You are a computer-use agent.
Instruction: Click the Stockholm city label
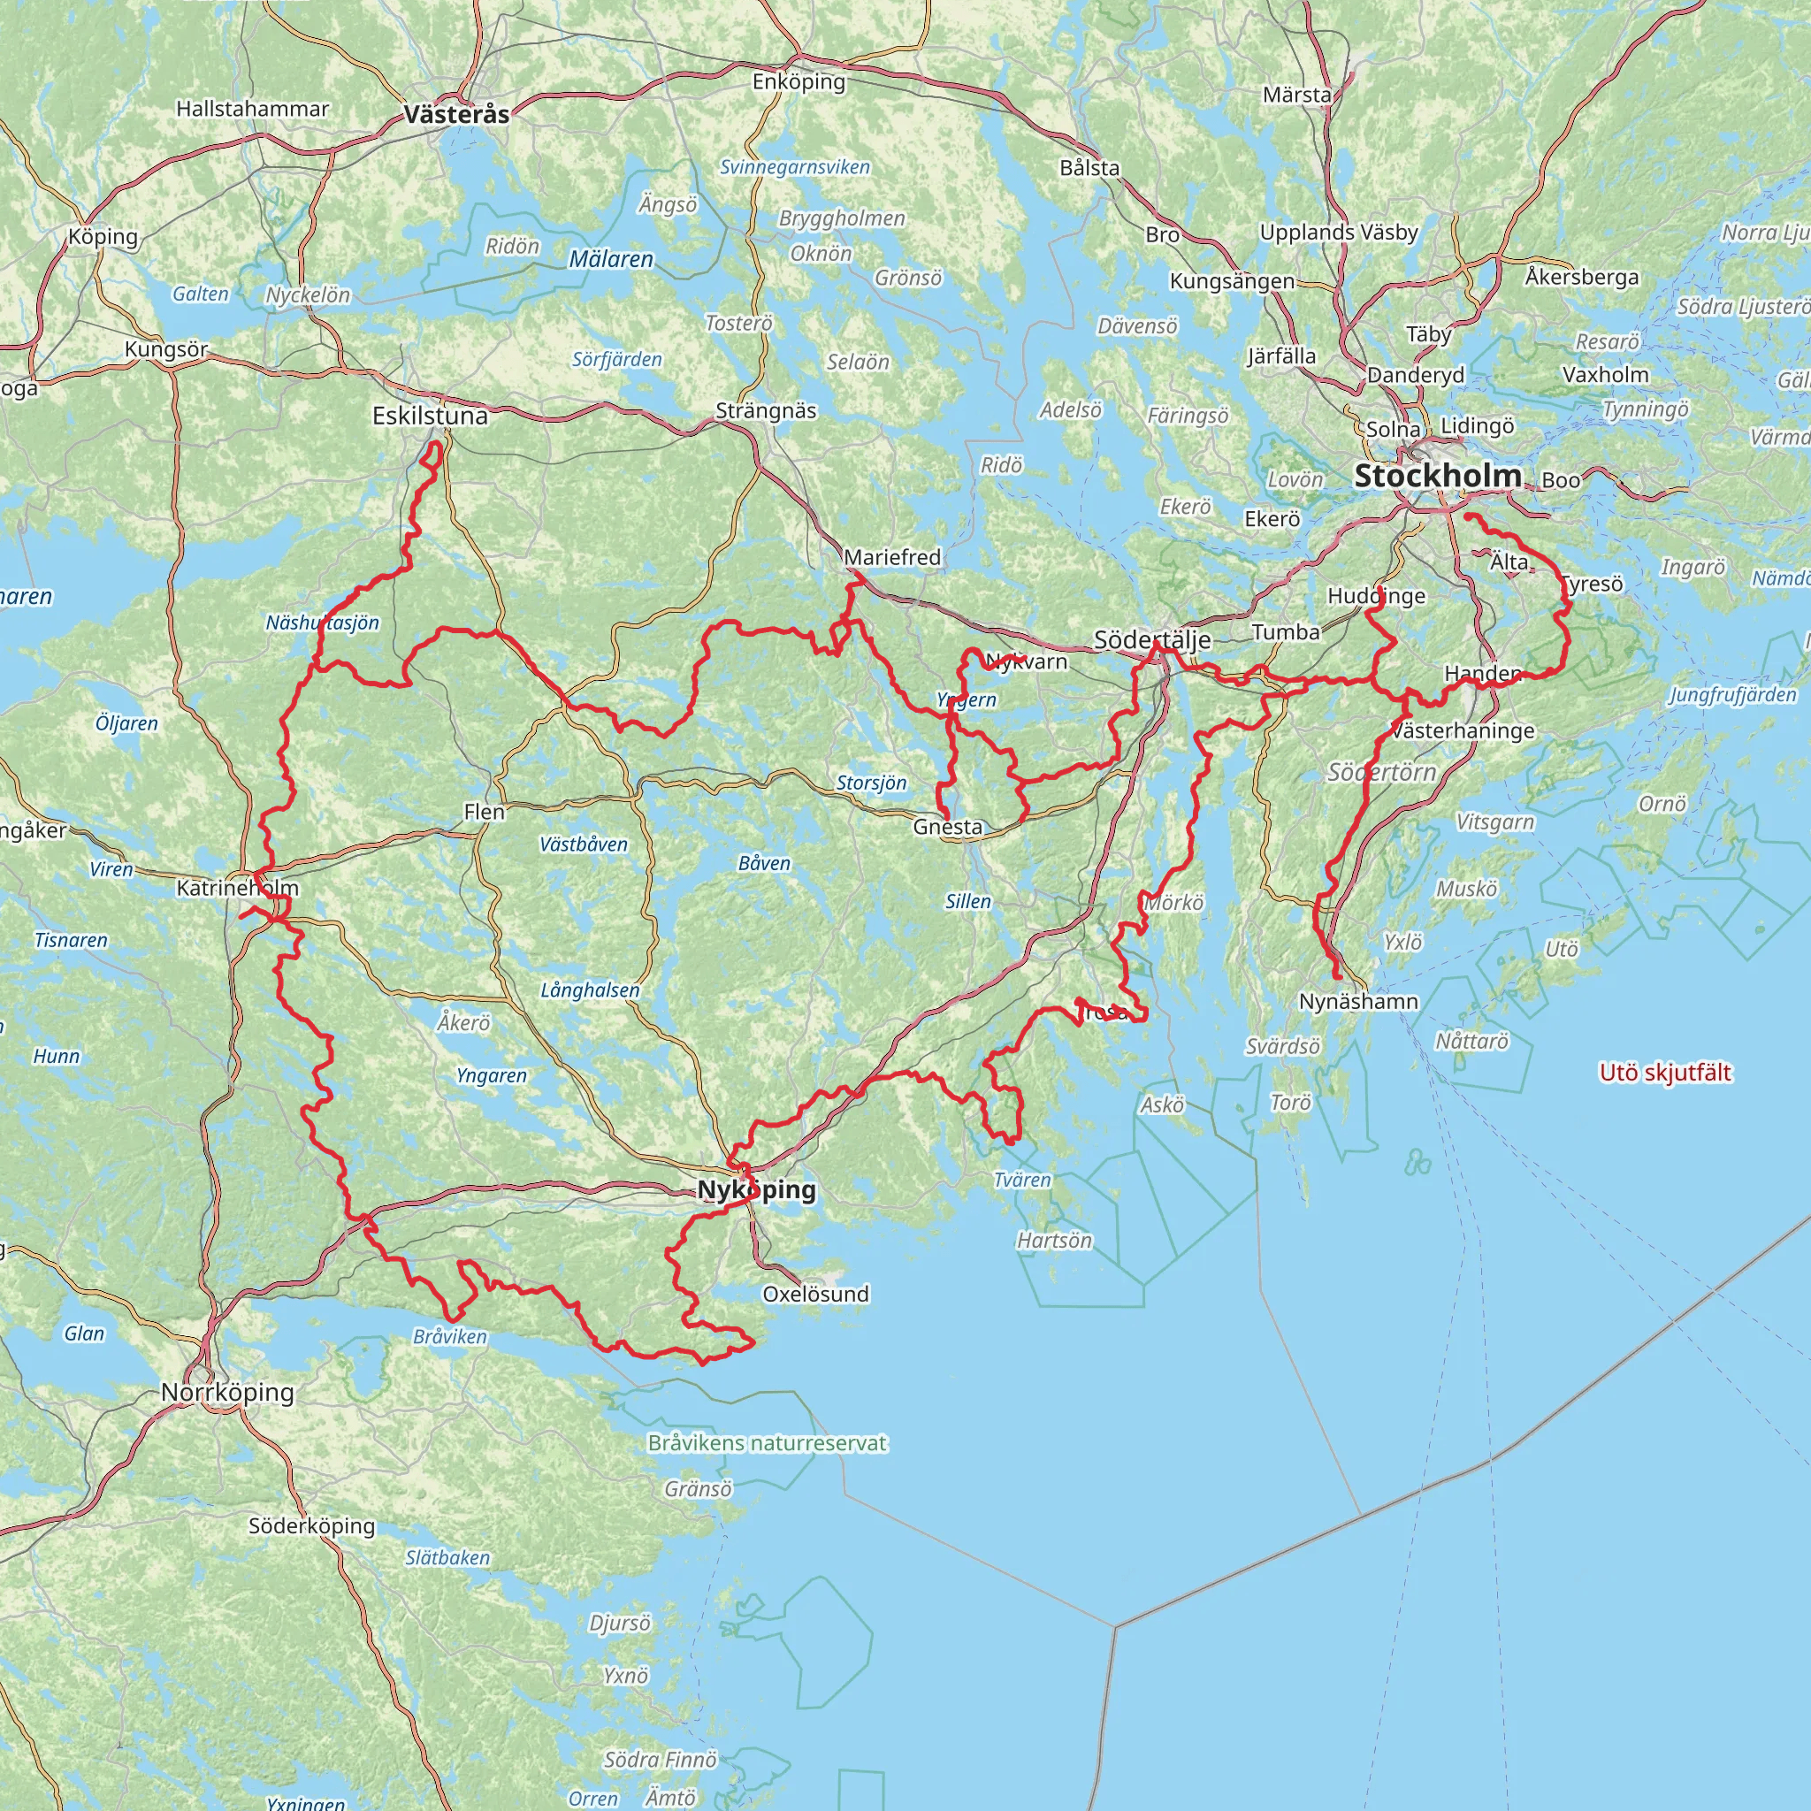[1437, 477]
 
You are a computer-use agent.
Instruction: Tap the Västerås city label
[456, 114]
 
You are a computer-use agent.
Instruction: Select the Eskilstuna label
[431, 416]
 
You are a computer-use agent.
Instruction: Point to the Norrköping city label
[228, 1392]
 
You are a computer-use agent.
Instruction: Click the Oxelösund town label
[815, 1294]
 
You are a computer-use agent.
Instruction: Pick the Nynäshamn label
[1358, 1001]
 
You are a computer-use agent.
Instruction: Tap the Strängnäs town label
[766, 410]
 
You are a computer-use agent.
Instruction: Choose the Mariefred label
[891, 557]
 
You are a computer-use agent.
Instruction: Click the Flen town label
[484, 812]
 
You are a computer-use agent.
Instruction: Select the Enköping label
[799, 81]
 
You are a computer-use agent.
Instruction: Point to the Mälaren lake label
[611, 259]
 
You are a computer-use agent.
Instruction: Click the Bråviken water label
[450, 1336]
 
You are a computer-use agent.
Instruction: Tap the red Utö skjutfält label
[1665, 1073]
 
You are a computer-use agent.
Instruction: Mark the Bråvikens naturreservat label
[767, 1442]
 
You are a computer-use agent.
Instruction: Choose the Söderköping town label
[311, 1525]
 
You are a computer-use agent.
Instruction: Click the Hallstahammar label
[252, 109]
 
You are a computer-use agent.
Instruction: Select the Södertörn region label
[1382, 772]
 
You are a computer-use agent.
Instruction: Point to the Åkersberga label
[1581, 277]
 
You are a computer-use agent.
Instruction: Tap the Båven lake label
[764, 863]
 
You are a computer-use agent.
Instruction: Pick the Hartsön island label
[1055, 1240]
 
